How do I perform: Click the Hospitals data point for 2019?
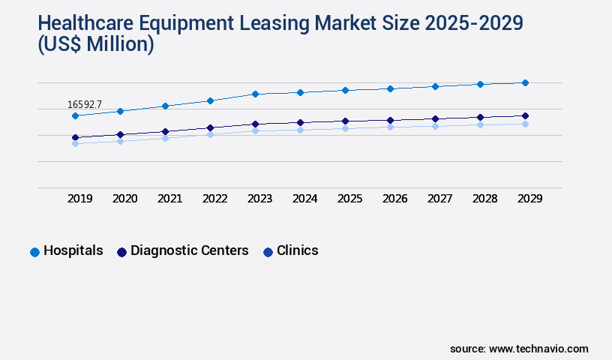(75, 115)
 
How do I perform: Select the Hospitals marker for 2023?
(255, 94)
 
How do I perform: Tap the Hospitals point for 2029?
(525, 82)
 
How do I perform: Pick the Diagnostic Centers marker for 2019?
(75, 137)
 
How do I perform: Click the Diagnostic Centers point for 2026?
(390, 120)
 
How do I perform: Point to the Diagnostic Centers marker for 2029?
(525, 115)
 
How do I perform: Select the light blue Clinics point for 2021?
(165, 138)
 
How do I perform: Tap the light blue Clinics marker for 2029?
(525, 124)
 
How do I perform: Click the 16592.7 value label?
(85, 104)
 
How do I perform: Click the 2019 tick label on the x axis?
(80, 199)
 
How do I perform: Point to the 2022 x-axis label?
(215, 199)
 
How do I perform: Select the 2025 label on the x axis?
(350, 199)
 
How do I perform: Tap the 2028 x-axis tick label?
(485, 199)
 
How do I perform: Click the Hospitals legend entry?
(67, 251)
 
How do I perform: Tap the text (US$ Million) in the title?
(95, 45)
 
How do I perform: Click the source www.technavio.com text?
(519, 349)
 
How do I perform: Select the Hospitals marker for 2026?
(390, 88)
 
